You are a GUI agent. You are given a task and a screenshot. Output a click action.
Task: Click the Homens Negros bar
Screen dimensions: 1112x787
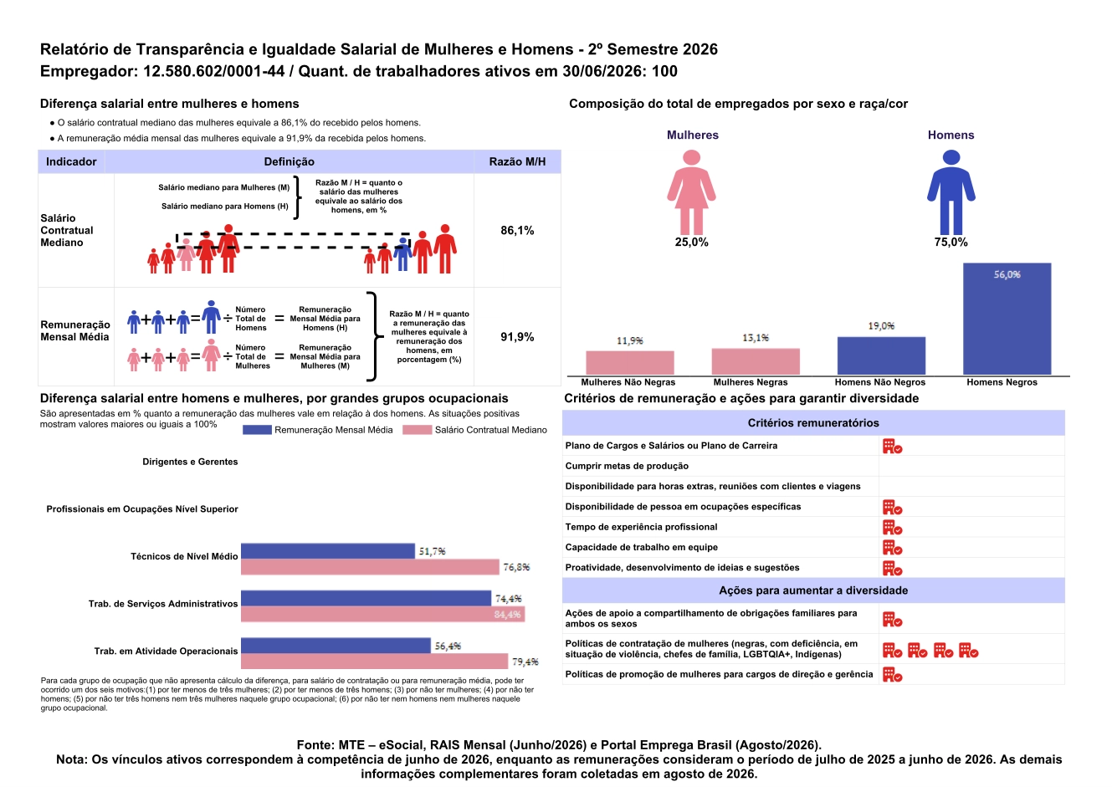(1007, 319)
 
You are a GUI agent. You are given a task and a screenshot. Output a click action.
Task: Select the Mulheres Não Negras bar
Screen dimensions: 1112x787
(629, 363)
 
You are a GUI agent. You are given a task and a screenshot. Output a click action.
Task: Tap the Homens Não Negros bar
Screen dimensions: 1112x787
(881, 355)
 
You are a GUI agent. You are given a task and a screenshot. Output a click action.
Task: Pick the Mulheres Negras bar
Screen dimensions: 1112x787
(756, 361)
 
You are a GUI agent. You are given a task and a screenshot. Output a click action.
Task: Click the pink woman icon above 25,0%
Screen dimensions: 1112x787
(691, 192)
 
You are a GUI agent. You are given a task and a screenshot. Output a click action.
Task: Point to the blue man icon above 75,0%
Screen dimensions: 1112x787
(951, 192)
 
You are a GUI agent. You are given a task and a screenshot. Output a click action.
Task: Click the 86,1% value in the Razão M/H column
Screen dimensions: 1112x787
(517, 230)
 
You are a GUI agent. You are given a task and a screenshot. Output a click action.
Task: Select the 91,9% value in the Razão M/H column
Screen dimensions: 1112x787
(517, 337)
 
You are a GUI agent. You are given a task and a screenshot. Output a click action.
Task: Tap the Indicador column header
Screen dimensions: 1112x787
(71, 161)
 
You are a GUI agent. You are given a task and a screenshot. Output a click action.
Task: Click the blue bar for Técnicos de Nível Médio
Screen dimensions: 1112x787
(328, 551)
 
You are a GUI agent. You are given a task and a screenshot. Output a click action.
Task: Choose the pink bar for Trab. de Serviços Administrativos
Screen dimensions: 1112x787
(382, 614)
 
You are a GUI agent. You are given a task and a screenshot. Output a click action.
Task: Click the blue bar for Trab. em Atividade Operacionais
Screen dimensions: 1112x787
(336, 646)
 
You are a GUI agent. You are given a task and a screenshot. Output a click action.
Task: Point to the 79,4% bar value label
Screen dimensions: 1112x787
(525, 662)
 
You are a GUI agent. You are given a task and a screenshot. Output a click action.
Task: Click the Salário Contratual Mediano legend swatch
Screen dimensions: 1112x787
(417, 430)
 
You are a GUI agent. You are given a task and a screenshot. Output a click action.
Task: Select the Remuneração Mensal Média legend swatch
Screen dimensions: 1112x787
(257, 430)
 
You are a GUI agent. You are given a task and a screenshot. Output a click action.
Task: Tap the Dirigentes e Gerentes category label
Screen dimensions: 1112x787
(190, 462)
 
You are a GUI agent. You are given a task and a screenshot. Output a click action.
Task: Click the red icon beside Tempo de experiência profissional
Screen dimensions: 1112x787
(892, 527)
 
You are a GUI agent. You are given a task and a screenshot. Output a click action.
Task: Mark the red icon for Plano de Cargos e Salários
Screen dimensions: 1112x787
(892, 446)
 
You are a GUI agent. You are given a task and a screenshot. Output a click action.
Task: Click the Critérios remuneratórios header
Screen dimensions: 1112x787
(813, 423)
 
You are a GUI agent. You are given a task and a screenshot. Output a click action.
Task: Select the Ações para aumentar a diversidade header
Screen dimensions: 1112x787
(813, 590)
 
